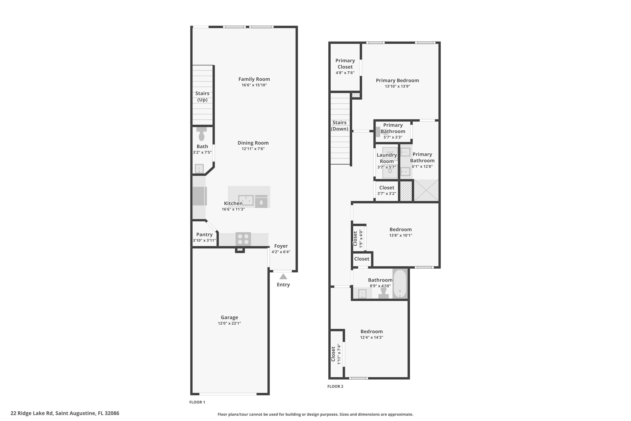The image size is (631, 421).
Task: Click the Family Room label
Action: (254, 79)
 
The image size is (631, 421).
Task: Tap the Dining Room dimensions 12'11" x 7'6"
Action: (253, 149)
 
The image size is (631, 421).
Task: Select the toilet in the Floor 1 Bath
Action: (201, 134)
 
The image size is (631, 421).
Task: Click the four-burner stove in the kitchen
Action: (243, 239)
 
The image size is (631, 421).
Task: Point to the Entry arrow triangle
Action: (283, 277)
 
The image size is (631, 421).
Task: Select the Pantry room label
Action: (204, 234)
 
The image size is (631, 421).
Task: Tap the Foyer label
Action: (281, 246)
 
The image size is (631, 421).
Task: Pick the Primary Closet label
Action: (345, 64)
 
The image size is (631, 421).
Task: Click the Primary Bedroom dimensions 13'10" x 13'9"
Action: (397, 87)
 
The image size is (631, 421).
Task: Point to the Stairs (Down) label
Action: (339, 126)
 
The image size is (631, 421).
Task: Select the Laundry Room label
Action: (387, 158)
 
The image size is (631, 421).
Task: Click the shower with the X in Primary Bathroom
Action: (426, 190)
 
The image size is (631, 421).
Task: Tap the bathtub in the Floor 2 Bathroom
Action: (400, 284)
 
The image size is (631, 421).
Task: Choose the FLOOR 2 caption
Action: (335, 386)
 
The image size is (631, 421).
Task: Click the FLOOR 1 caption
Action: (197, 402)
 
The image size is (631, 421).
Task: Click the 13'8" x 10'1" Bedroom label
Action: (400, 230)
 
